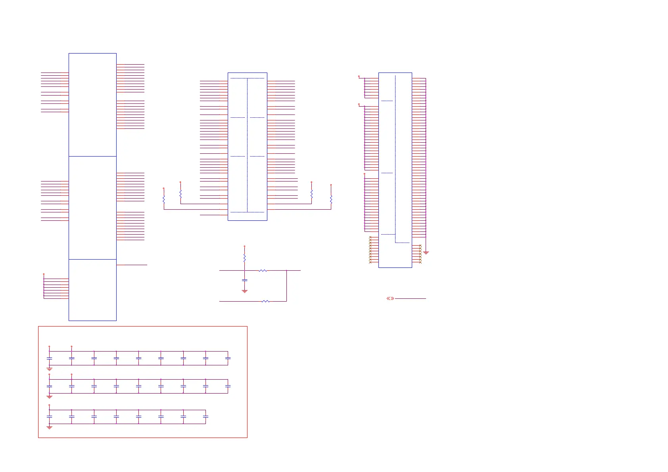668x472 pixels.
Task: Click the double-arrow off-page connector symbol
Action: (x=390, y=298)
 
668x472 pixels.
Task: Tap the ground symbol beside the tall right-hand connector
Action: (x=426, y=252)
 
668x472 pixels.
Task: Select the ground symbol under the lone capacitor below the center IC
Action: (x=244, y=291)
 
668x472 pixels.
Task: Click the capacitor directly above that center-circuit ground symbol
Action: (x=244, y=280)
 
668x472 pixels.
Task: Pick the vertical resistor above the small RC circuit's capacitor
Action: (x=244, y=258)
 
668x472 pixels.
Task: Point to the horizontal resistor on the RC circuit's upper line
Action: (x=263, y=271)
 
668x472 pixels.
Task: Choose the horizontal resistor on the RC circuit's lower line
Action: (x=265, y=302)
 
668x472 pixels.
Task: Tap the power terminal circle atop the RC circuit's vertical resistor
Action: (x=244, y=246)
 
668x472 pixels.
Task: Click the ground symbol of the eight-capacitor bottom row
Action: (x=49, y=428)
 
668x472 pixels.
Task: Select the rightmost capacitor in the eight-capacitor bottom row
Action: (x=205, y=417)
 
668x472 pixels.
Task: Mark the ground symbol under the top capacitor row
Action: (x=49, y=369)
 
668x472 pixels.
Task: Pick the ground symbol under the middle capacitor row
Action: (x=49, y=397)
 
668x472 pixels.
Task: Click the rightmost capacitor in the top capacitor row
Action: (x=228, y=358)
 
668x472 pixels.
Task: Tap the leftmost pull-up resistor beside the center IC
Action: (x=164, y=200)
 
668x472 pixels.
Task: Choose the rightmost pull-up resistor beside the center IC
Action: (x=331, y=200)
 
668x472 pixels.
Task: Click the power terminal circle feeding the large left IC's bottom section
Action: (x=44, y=274)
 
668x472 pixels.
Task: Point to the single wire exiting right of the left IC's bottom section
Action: (x=132, y=265)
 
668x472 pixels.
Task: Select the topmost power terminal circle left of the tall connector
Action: (x=359, y=76)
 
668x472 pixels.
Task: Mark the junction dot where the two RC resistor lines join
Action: (x=286, y=271)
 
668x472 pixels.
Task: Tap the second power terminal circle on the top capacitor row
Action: (x=71, y=346)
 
